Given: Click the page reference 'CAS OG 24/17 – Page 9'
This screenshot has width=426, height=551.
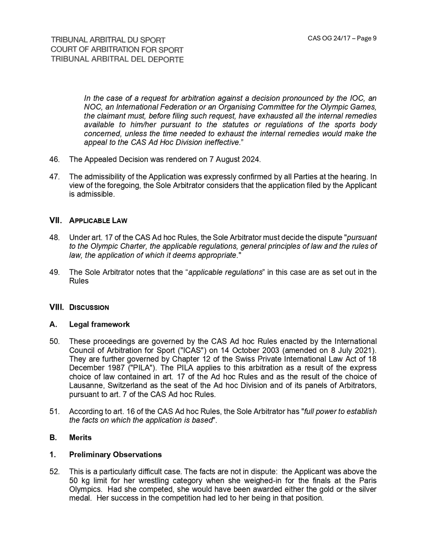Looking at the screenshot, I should coord(342,38).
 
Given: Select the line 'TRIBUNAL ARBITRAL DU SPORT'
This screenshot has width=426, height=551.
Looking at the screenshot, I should coord(108,40).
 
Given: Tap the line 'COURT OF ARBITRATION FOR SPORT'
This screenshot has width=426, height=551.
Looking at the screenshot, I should coord(117,50).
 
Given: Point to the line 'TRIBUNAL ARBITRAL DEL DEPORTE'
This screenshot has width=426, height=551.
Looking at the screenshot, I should coord(117,59).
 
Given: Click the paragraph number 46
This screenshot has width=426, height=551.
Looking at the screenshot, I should coord(54,159).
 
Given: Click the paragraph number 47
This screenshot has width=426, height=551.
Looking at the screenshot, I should coord(54,177).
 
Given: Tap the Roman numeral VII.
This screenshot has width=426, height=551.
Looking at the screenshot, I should coord(56,220).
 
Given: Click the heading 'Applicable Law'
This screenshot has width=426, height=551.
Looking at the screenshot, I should coord(98,221).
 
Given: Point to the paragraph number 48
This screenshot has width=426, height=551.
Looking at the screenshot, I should coord(54,237).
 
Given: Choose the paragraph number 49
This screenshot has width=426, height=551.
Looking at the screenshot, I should coord(54,272).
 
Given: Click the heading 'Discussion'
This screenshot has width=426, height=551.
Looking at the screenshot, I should coord(89,308).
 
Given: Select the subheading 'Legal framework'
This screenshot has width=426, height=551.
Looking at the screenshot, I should coord(99,324).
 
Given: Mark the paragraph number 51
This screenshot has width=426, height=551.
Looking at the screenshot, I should coord(54,412).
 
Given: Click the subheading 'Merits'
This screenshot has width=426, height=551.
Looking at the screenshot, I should coord(80,437).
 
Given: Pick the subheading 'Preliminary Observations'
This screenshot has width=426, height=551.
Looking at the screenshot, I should coord(115,454).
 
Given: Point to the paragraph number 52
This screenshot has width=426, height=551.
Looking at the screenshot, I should coord(54,472).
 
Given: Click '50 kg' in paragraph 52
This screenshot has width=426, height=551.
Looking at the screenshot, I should coord(79,481).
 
